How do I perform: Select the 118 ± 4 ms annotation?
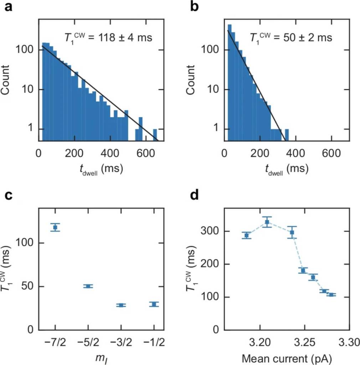tap(107, 37)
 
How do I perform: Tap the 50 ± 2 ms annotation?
tap(291, 37)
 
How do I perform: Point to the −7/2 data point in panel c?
tap(55, 227)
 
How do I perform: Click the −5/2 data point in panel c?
tap(88, 286)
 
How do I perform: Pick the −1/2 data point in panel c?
tap(154, 304)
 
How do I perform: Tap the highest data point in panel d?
tap(267, 222)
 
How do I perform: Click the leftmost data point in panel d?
tap(246, 235)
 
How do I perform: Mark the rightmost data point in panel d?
tap(331, 295)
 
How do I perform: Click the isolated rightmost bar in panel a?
tap(155, 134)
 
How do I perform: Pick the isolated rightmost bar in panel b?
tap(287, 134)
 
